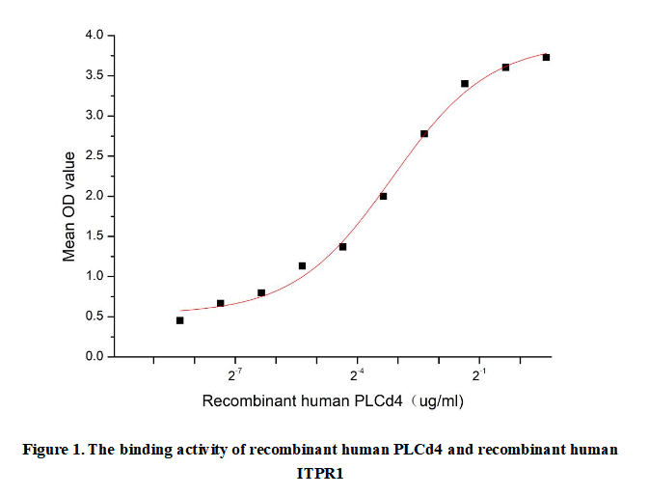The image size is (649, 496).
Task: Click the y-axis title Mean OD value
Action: click(69, 205)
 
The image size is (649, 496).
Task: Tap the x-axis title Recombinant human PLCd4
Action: click(305, 400)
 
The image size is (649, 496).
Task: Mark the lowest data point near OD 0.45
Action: click(180, 320)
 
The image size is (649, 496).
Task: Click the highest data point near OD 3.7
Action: click(547, 58)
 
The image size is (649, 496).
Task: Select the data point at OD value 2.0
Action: click(384, 197)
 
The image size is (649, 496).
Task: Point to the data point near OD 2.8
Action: click(424, 133)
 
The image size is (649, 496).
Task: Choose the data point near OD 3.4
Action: click(465, 84)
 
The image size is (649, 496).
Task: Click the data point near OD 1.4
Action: click(343, 247)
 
